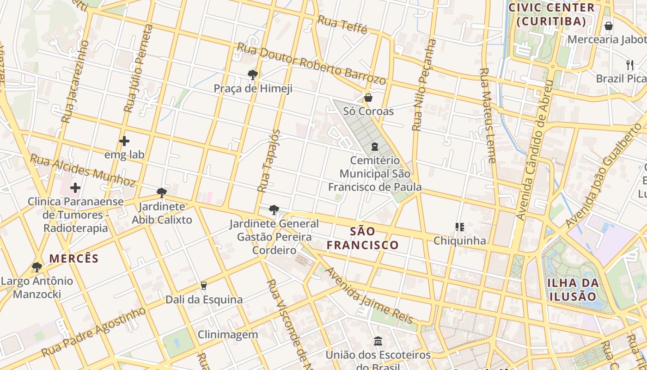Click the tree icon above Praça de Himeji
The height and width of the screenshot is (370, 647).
click(252, 74)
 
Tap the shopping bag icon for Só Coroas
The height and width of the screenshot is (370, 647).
click(368, 98)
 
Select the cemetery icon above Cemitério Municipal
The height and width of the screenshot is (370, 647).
click(375, 147)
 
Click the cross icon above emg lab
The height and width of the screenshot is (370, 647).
click(124, 141)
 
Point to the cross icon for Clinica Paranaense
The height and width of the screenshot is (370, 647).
click(75, 188)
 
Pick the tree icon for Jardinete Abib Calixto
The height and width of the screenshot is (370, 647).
click(161, 192)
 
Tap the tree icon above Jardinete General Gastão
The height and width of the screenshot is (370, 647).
click(274, 210)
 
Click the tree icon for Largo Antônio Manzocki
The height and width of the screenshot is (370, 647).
click(37, 267)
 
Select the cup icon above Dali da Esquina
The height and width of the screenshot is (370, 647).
click(203, 286)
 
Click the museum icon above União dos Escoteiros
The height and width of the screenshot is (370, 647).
click(378, 341)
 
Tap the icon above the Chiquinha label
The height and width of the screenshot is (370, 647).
click(459, 227)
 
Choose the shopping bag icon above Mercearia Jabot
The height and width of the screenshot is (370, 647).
click(609, 26)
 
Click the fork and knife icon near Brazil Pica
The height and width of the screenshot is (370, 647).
click(629, 65)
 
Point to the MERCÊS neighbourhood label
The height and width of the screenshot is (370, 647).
click(74, 258)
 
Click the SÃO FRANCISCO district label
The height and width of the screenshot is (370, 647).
click(363, 238)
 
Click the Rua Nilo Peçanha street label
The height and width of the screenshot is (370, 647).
click(424, 85)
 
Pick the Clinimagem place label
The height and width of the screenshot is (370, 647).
click(228, 334)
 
